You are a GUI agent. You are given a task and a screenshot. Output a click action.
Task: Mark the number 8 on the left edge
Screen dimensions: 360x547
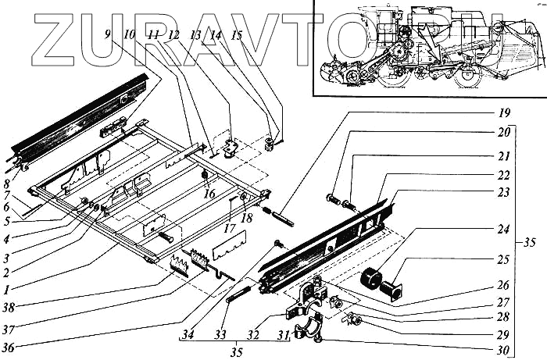pyautogui.click(x=7, y=184)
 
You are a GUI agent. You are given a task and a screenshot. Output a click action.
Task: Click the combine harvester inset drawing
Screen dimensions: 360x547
pyautogui.click(x=428, y=47)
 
